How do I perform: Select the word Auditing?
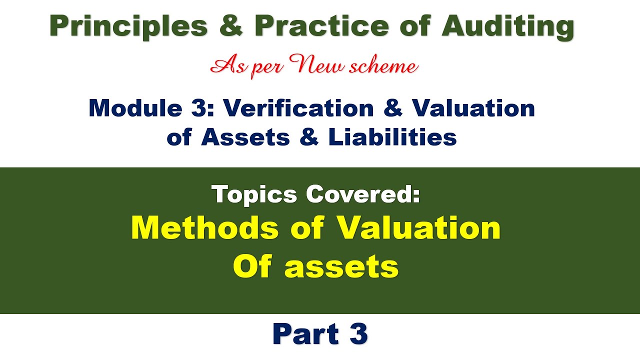(507, 27)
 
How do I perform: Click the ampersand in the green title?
(230, 27)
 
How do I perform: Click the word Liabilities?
(392, 137)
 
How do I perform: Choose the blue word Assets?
(245, 137)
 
